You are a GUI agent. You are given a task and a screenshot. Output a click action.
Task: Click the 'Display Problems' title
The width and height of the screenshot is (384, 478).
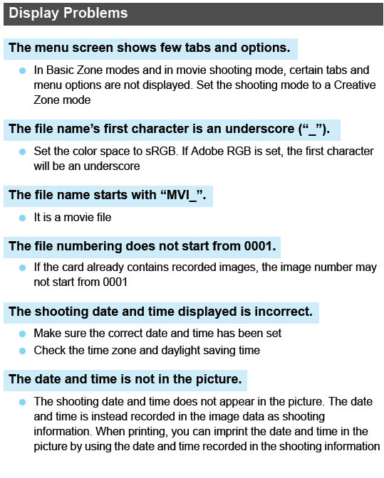pos(68,14)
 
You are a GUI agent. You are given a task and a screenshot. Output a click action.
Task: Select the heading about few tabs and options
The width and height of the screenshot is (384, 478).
pos(150,48)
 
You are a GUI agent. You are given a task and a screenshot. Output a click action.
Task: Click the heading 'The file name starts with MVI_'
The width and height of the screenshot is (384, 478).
pos(107,195)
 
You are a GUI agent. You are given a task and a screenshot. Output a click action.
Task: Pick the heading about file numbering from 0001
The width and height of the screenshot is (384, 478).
pos(142,246)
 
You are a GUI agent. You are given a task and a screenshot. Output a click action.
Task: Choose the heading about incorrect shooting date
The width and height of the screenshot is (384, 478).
pos(160,312)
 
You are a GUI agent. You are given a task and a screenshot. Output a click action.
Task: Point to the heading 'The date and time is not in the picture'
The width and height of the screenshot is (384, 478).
pos(128,378)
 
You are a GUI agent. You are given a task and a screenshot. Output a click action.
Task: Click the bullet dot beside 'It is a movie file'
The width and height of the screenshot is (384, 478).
pos(22,217)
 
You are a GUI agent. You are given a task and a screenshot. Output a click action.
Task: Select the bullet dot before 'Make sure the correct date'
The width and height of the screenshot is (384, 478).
pos(22,333)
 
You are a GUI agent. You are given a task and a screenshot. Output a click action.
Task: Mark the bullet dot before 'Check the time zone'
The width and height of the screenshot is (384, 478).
pos(22,350)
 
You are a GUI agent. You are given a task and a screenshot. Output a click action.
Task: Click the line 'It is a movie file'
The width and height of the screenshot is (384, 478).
pos(72,217)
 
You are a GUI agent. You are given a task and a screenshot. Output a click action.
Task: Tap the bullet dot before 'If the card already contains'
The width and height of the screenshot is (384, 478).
pos(22,267)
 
